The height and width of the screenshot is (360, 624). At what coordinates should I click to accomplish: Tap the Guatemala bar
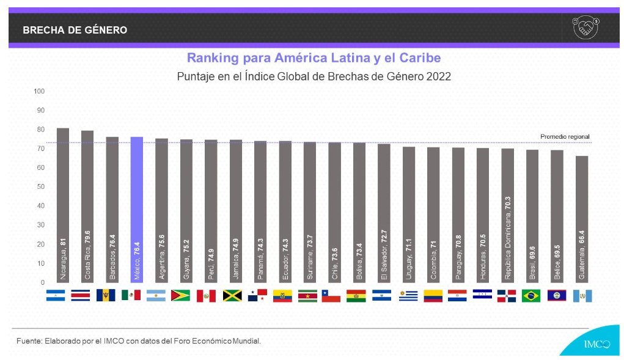(x=582, y=219)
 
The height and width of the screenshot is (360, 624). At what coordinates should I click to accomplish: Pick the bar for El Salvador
(x=384, y=213)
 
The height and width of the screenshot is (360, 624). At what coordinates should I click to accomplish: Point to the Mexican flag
(x=131, y=296)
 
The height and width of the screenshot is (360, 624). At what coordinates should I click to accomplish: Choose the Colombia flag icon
(x=433, y=296)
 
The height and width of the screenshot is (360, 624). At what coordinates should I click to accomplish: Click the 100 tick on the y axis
(x=40, y=92)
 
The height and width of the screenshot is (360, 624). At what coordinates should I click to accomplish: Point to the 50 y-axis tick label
(x=42, y=187)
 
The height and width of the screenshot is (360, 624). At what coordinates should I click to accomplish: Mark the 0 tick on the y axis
(x=43, y=282)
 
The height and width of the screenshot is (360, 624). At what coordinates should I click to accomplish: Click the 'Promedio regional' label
(x=565, y=136)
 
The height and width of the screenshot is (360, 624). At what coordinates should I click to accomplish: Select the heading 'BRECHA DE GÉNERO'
(x=75, y=30)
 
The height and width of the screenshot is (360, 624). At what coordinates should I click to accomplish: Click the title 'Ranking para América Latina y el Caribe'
(x=314, y=58)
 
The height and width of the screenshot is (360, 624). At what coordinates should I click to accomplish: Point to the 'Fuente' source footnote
(x=139, y=340)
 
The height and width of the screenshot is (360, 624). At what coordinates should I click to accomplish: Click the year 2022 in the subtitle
(x=439, y=77)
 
